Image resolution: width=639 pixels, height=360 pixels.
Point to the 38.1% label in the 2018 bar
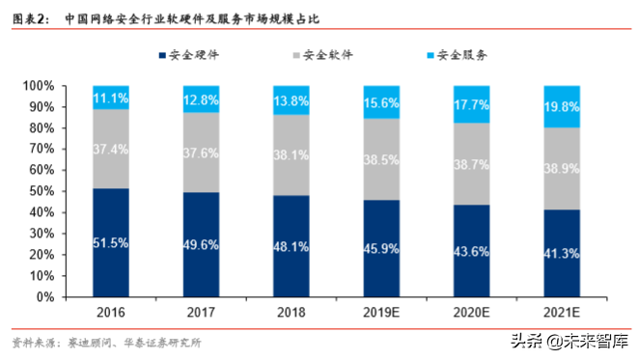(x=292, y=153)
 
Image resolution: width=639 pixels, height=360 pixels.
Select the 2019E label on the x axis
(x=381, y=315)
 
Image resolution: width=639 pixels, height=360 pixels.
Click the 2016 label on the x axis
(x=111, y=315)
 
